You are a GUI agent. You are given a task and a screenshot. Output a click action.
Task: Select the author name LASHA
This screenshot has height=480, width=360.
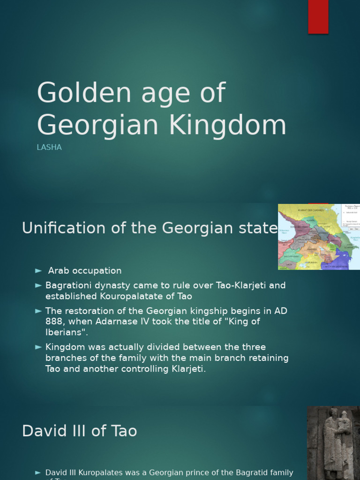[49, 147]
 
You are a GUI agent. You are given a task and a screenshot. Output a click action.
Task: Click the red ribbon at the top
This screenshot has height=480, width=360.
[318, 16]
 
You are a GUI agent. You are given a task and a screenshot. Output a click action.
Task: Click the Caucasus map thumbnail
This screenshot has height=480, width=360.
[319, 237]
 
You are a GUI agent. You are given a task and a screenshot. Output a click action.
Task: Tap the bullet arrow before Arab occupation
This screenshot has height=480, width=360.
[38, 271]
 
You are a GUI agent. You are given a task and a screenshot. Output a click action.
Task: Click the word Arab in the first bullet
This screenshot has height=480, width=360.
[58, 271]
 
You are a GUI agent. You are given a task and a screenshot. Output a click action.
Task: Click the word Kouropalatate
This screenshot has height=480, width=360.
[116, 296]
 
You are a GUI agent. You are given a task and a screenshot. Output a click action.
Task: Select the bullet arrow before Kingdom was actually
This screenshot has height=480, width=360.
[38, 347]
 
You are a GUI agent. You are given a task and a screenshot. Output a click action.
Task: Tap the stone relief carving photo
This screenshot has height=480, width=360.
[333, 443]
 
